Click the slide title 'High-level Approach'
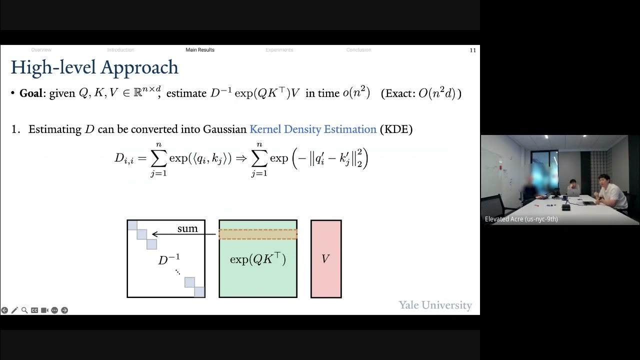94,67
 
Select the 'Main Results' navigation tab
200,50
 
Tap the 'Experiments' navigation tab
279,50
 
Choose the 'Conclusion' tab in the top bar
358,50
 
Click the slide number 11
472,50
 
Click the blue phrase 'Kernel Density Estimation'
313,129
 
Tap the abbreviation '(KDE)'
396,129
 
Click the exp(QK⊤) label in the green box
258,259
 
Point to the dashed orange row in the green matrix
258,234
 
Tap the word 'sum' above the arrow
187,228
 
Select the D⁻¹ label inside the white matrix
169,260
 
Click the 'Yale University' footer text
435,305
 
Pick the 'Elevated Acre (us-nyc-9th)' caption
521,219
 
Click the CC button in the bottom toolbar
34,310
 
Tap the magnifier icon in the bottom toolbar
24,310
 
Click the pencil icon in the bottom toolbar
14,310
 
